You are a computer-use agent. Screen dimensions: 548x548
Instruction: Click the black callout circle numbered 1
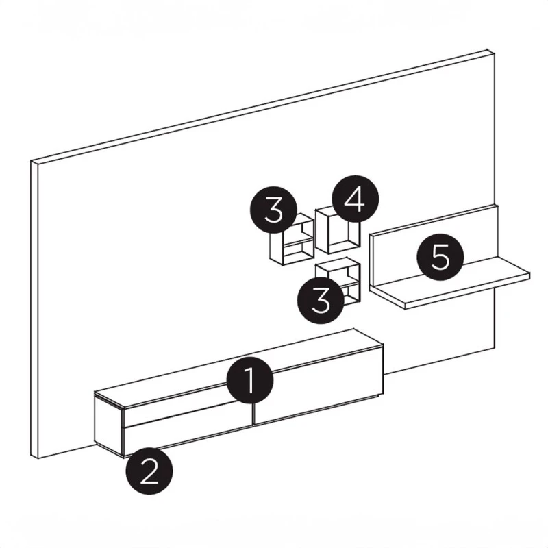tap(250, 380)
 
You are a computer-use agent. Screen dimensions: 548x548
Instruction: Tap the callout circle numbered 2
tap(149, 471)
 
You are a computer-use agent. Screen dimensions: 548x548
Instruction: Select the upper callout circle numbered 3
tap(273, 210)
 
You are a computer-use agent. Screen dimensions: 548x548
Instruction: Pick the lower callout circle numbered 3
tap(321, 300)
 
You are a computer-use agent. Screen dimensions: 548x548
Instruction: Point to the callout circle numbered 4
tap(355, 198)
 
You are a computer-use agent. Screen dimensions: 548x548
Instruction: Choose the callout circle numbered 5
tap(440, 257)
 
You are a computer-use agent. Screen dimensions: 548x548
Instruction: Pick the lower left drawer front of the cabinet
tap(187, 436)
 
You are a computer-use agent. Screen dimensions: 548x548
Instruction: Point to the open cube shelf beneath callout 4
tap(338, 232)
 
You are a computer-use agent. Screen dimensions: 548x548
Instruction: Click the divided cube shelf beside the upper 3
tap(292, 241)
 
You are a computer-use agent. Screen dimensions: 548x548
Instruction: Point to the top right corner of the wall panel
tap(494, 53)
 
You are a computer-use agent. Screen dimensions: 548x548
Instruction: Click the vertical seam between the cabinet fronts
tap(252, 414)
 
